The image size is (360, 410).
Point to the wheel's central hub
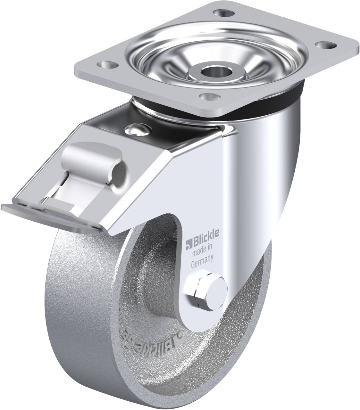pos(154,282)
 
